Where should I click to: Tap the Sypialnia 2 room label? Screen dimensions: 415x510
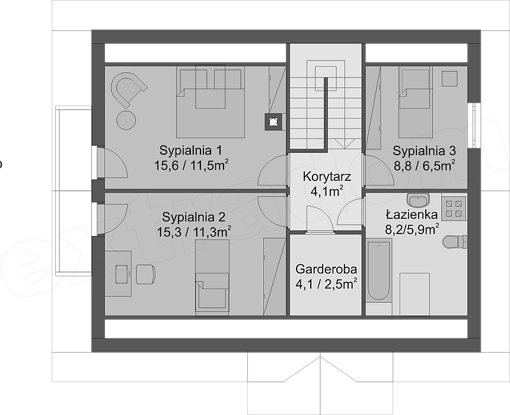[x=194, y=215]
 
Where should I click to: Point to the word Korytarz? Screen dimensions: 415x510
[x=326, y=176]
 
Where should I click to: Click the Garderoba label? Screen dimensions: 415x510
[x=326, y=267]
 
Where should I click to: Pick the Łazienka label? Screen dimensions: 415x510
[x=412, y=215]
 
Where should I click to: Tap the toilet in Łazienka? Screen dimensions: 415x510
[x=455, y=242]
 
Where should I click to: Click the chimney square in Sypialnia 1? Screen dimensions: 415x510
[x=273, y=121]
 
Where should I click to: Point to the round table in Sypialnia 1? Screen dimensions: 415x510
[x=126, y=120]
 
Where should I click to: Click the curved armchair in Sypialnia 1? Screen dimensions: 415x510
[x=128, y=90]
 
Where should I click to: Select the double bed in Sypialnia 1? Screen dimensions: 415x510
[x=211, y=102]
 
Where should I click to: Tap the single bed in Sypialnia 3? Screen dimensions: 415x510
[x=413, y=101]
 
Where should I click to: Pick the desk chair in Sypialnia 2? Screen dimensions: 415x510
[x=145, y=274]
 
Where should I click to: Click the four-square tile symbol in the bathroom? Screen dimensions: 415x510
[x=454, y=206]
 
